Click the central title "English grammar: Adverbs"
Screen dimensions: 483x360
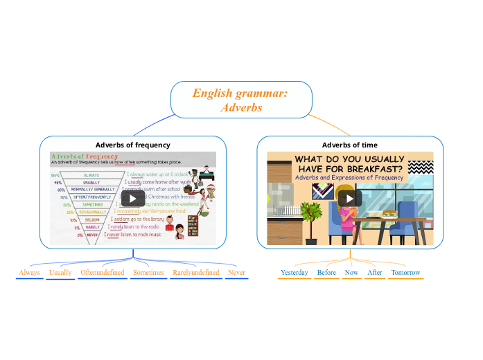240,100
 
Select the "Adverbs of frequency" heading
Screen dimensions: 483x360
132,145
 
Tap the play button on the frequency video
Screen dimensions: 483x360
132,199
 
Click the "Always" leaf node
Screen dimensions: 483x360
29,273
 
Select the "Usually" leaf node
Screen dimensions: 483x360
60,273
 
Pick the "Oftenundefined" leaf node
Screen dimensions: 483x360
103,273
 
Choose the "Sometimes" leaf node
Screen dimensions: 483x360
148,273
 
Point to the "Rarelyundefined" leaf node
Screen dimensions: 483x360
195,273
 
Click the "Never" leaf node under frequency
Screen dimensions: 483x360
236,273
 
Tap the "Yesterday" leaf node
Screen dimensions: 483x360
294,273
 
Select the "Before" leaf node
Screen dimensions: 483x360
326,273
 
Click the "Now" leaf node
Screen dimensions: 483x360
351,273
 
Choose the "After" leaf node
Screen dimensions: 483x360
375,273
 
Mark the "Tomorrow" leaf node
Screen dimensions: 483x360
405,273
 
